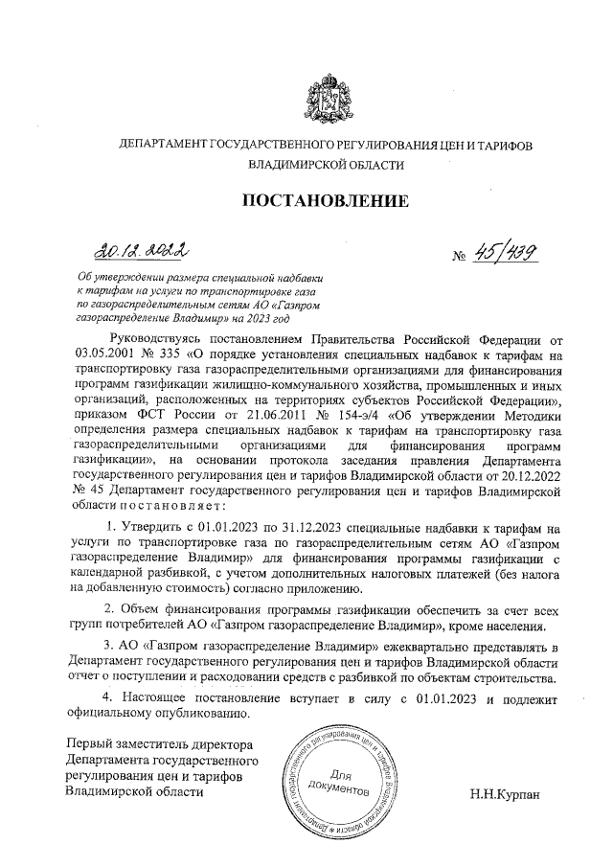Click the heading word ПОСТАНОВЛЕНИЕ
point(325,201)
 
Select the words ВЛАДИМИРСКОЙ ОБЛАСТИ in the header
point(325,165)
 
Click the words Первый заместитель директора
point(158,745)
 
